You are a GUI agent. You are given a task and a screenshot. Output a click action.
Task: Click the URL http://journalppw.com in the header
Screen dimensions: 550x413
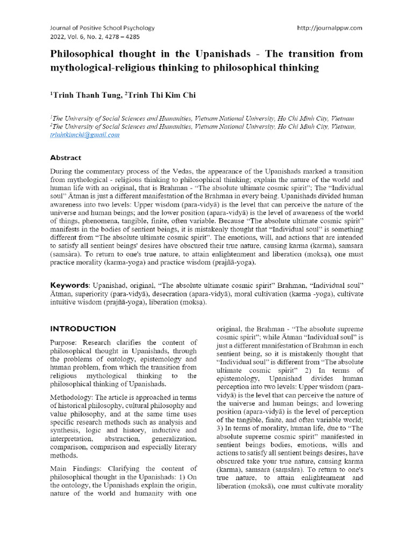click(329, 28)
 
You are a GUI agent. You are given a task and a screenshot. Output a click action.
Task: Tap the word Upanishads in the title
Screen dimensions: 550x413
click(204, 54)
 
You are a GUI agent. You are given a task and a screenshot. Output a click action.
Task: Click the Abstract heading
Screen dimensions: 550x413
click(66, 158)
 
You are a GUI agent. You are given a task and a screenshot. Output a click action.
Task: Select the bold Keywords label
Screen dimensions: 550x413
click(70, 284)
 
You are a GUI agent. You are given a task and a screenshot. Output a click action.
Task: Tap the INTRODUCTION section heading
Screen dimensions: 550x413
click(83, 329)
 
